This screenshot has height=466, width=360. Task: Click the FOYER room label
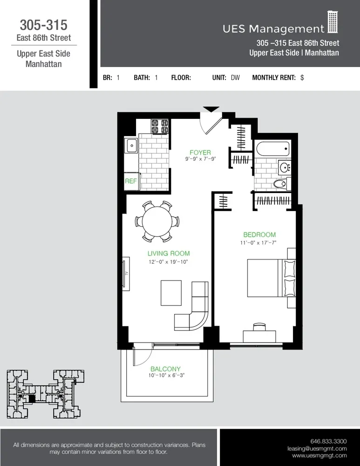200,152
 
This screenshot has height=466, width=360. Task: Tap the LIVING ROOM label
169,254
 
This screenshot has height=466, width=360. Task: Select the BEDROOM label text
259,235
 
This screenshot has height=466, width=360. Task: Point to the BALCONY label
165,369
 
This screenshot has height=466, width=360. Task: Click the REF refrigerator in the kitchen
131,181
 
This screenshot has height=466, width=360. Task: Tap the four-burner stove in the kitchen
160,126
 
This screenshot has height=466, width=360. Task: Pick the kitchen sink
131,146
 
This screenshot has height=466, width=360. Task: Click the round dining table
159,221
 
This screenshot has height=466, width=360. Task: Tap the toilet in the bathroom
280,184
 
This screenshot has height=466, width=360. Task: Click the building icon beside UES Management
332,23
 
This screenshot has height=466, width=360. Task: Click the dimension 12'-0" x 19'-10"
169,262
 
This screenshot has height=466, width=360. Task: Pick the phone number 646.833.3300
328,441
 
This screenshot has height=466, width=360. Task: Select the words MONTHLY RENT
274,78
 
